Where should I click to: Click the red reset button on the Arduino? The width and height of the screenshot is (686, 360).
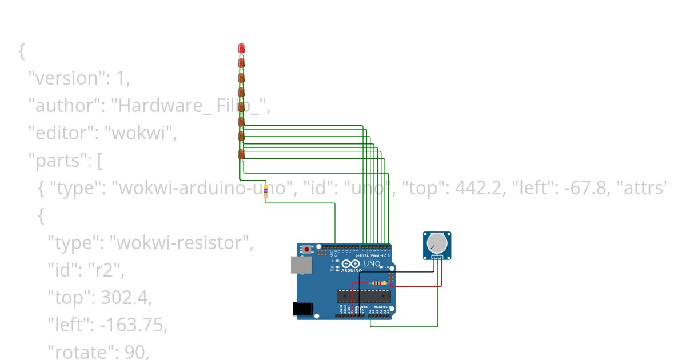[308, 249]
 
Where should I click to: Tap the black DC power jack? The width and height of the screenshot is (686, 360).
[302, 309]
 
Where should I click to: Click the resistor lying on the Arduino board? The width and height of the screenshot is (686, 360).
[378, 283]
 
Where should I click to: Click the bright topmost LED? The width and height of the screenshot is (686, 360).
[241, 47]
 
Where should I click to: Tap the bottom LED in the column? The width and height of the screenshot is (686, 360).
[241, 154]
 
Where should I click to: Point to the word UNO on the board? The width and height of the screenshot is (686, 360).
[372, 264]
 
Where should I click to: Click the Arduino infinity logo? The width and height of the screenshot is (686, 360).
[350, 263]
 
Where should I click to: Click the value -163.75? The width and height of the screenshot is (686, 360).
[134, 325]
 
